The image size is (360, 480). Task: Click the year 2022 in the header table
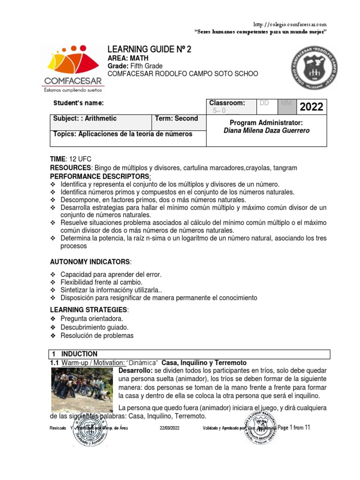pyautogui.click(x=311, y=107)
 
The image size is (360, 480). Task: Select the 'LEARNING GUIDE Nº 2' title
pyautogui.click(x=150, y=50)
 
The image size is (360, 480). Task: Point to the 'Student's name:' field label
pyautogui.click(x=78, y=103)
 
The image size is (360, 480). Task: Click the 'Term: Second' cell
pyautogui.click(x=176, y=119)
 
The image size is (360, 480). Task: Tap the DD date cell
pyautogui.click(x=264, y=103)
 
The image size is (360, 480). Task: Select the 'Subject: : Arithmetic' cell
pyautogui.click(x=85, y=119)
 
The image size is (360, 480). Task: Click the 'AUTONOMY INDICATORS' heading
pyautogui.click(x=90, y=261)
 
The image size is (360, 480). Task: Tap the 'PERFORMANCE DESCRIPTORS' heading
pyautogui.click(x=100, y=176)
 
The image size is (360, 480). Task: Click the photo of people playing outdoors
pyautogui.click(x=83, y=390)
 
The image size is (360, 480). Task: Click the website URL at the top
pyautogui.click(x=289, y=24)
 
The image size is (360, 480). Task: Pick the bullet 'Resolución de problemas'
pyautogui.click(x=97, y=336)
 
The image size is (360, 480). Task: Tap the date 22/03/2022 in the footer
pyautogui.click(x=169, y=428)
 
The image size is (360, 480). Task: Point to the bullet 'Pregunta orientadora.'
pyautogui.click(x=92, y=319)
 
